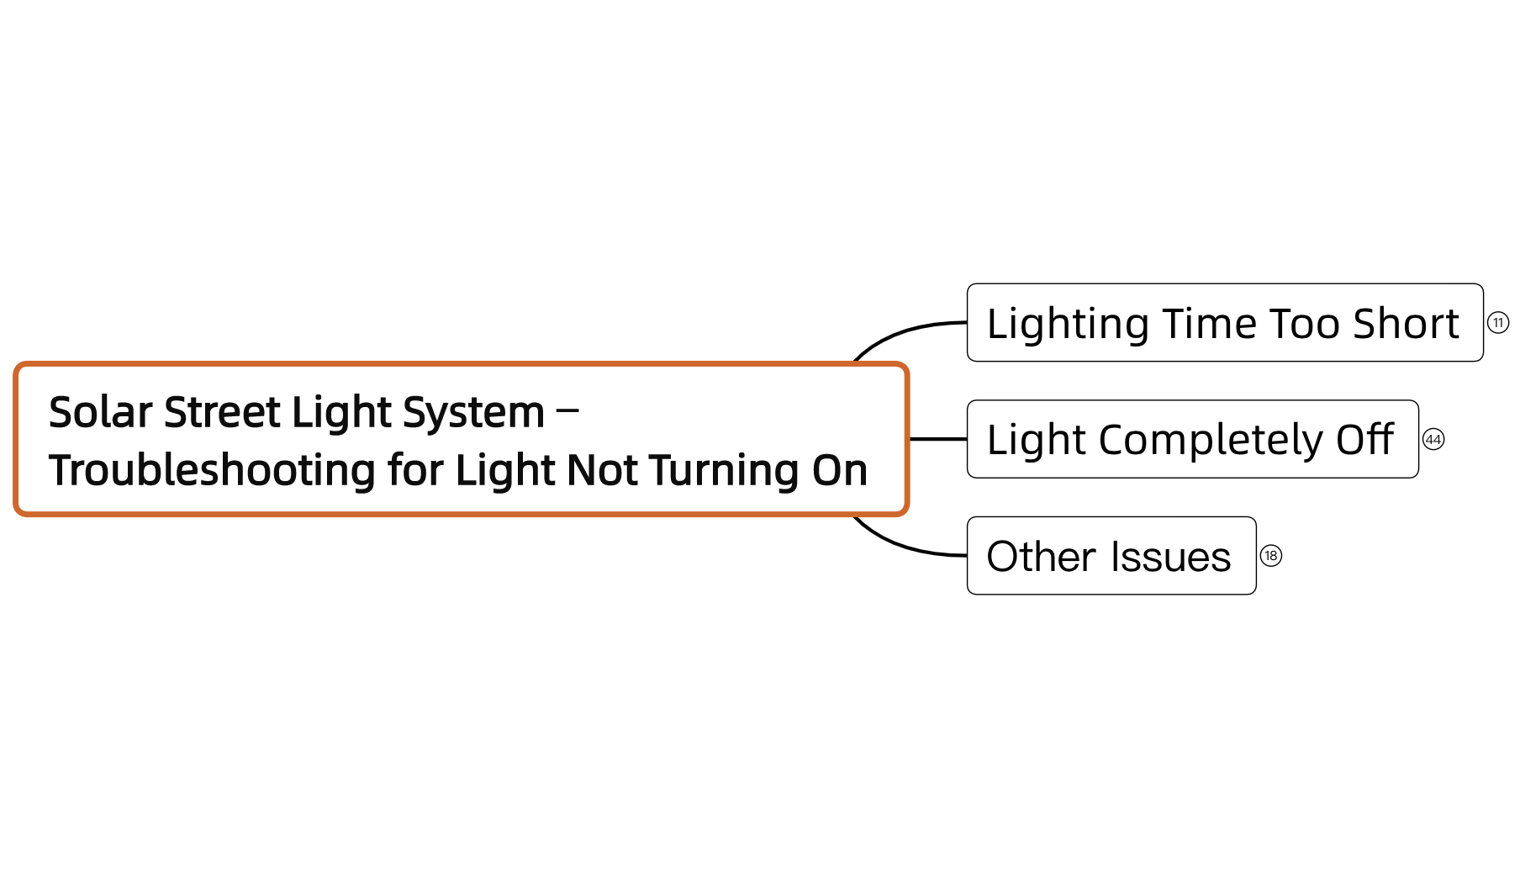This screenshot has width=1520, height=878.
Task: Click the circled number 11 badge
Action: (1498, 323)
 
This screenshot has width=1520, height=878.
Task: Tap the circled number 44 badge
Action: (1433, 440)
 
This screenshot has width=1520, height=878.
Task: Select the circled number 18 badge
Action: (1271, 556)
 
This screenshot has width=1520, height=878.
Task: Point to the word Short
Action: (1406, 324)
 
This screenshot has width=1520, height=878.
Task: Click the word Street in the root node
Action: (222, 412)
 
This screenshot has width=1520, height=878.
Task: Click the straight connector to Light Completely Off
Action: (938, 439)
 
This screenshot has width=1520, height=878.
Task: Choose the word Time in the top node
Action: (1211, 324)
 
